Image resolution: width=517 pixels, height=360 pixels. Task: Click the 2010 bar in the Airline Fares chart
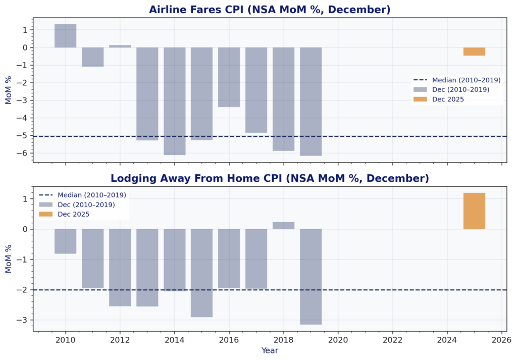pos(65,36)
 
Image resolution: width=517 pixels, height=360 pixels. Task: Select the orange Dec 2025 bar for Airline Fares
pos(474,52)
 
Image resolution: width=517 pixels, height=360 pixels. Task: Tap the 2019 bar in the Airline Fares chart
pos(311,101)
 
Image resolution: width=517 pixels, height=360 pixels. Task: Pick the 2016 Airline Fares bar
pos(229,77)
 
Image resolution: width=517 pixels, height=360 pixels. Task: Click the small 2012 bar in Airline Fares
pos(120,46)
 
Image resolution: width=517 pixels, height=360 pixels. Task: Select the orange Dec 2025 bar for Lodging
pos(474,211)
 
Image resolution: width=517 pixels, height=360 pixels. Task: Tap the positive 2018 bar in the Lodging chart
pos(283,225)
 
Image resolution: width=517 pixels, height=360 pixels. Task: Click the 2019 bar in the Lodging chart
pos(311,276)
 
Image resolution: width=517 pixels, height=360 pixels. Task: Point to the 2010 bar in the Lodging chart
pos(65,241)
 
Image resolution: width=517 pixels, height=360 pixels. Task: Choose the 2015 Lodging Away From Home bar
pos(201,273)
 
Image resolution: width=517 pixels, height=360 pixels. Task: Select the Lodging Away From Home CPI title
pos(270,178)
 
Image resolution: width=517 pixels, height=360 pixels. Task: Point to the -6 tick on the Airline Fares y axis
pos(23,153)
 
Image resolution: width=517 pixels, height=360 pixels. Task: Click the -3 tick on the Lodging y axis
pos(23,320)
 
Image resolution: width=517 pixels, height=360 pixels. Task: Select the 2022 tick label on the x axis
pos(392,340)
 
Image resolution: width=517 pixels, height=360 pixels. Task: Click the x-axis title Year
pos(270,350)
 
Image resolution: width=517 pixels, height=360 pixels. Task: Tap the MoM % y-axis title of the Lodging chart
pos(9,259)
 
